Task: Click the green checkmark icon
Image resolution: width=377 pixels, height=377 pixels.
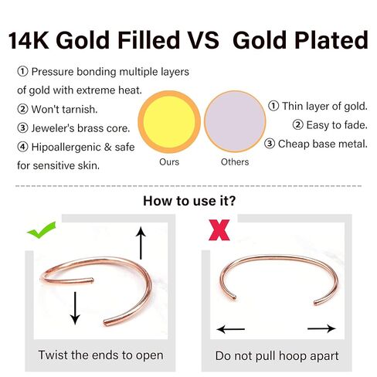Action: click(x=41, y=230)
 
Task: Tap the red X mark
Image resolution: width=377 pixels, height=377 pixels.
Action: click(x=219, y=230)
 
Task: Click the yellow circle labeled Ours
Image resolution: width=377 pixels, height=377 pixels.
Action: click(x=169, y=122)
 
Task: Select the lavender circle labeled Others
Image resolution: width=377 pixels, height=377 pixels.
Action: click(x=235, y=121)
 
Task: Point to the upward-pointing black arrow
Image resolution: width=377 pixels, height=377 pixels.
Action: click(x=141, y=243)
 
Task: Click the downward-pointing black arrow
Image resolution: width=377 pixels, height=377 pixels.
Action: click(x=75, y=308)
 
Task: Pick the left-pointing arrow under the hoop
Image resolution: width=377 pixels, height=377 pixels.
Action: click(x=230, y=329)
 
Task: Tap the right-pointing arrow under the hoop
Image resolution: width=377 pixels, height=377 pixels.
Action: click(x=321, y=328)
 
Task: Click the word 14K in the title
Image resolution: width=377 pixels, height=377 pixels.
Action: click(x=29, y=40)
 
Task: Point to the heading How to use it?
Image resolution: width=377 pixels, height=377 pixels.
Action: click(x=189, y=201)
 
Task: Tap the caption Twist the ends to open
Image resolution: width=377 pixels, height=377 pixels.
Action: click(x=100, y=355)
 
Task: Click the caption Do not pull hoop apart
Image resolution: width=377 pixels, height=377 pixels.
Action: click(x=277, y=356)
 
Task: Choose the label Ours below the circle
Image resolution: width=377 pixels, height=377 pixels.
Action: click(x=169, y=162)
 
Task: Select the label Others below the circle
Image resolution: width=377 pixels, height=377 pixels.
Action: click(x=235, y=162)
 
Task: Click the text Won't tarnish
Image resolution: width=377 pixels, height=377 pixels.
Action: click(x=64, y=110)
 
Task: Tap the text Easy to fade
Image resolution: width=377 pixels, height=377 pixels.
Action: click(x=337, y=125)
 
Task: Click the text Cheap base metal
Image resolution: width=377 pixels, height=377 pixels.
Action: click(x=323, y=144)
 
